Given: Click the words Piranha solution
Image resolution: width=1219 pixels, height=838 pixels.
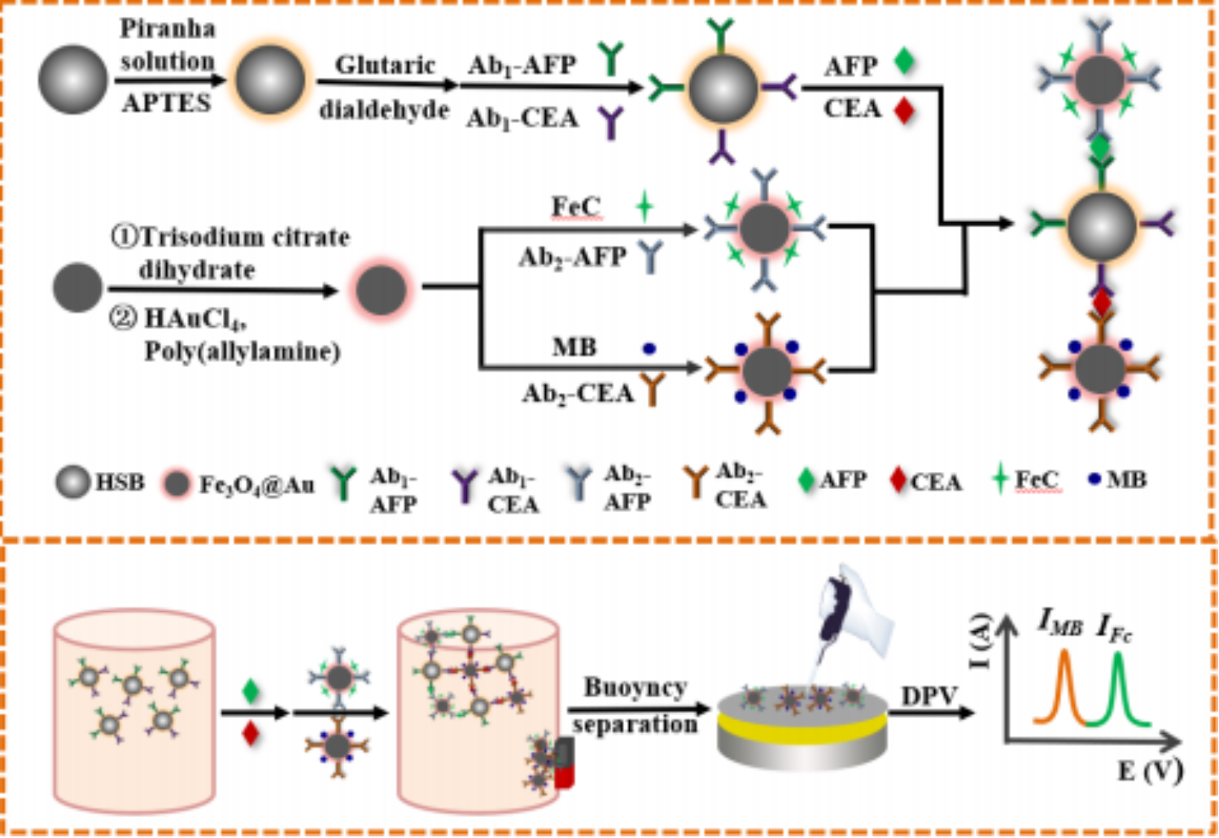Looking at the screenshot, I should (x=167, y=45).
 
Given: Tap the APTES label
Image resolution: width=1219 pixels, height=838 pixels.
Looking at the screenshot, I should (x=166, y=103).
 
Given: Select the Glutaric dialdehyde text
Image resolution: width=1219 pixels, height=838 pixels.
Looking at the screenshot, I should (x=384, y=87).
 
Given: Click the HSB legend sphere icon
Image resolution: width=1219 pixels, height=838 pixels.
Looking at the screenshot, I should (x=72, y=482).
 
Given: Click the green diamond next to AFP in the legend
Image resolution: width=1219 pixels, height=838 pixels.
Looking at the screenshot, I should (x=806, y=480).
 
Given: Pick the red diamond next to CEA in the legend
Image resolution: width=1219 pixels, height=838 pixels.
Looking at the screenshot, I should (x=898, y=480).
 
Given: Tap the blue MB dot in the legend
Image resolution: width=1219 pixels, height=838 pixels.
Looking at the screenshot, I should (x=1094, y=479).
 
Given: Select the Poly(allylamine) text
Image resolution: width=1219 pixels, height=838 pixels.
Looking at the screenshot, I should (x=242, y=351).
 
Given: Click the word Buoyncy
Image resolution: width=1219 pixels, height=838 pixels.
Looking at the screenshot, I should (x=636, y=687).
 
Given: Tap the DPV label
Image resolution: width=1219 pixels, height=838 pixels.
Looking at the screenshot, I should (x=928, y=696).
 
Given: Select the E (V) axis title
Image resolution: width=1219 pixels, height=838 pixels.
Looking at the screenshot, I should (x=1149, y=770).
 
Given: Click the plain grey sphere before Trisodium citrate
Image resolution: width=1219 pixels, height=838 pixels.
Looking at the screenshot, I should (x=77, y=287).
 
